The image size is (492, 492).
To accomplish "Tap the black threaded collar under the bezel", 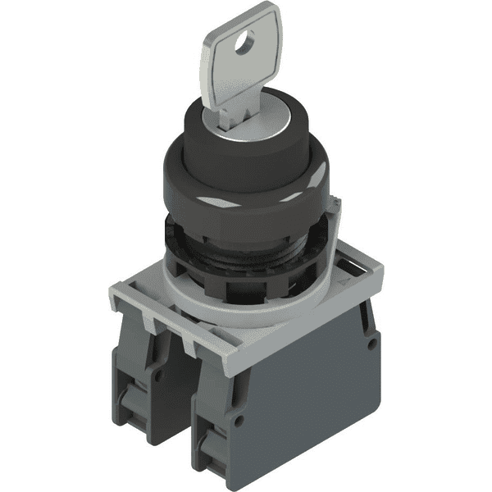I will [x=246, y=250].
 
